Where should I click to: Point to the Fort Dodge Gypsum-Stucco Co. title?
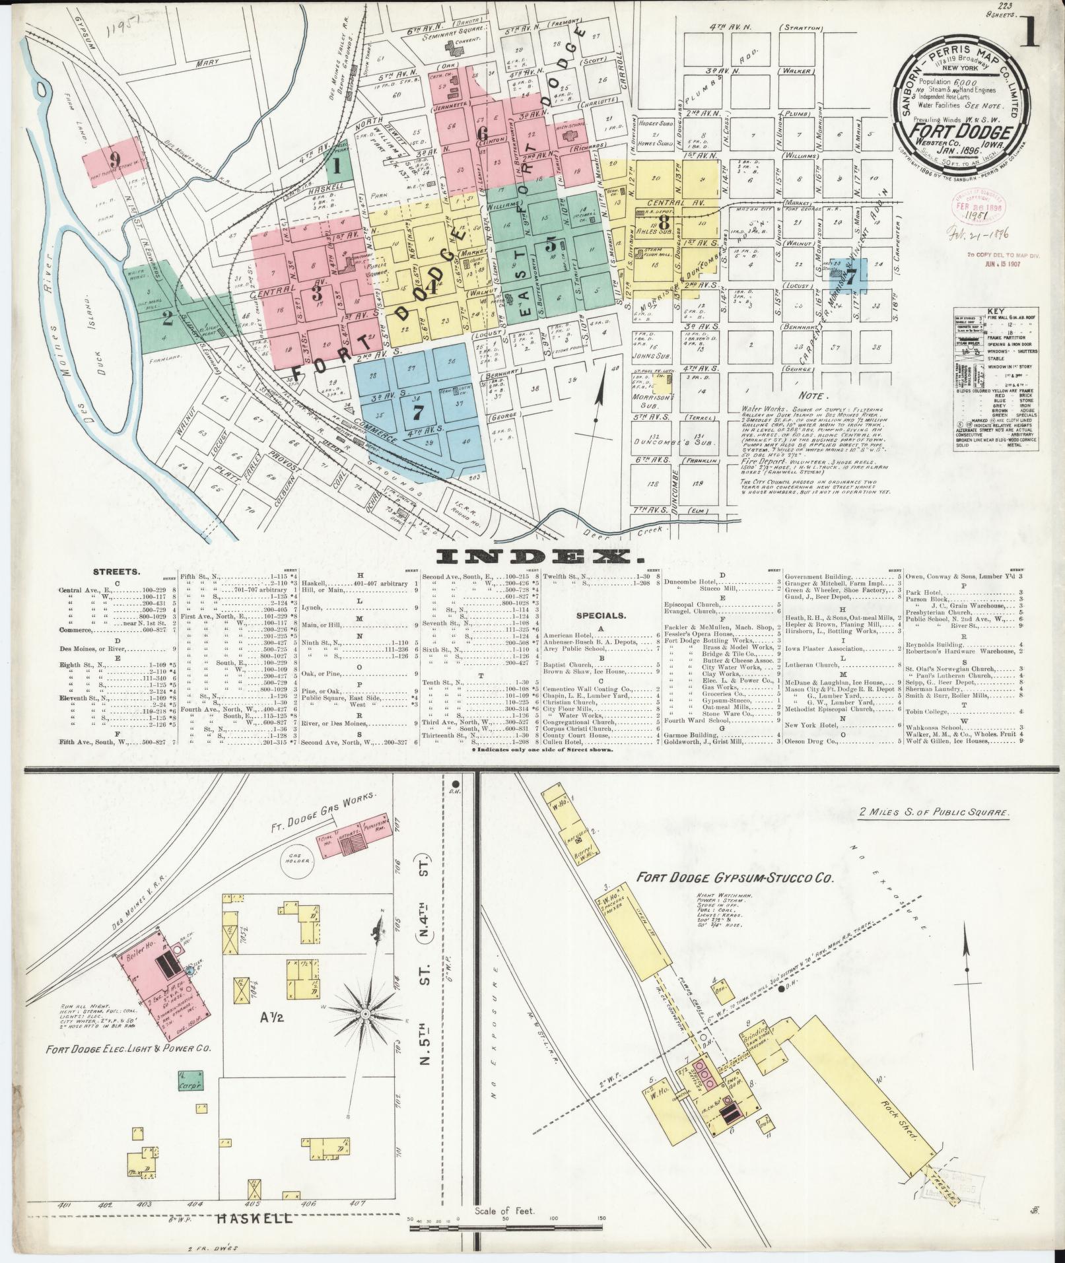(x=735, y=879)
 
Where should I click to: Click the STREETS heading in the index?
(x=111, y=572)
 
